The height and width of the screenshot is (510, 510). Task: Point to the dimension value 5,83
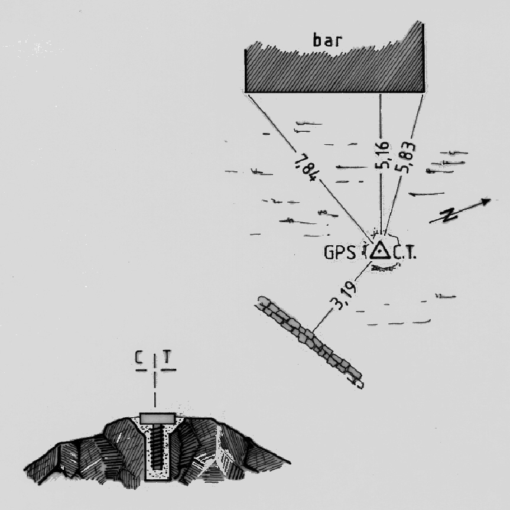coord(407,157)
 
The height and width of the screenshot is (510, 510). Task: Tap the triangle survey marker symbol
coord(380,250)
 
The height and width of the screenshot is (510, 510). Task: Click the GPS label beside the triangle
coord(340,252)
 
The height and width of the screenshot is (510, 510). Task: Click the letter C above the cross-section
coord(139,358)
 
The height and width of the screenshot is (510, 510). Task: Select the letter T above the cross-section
coord(167,358)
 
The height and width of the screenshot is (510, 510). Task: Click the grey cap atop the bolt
coord(157,417)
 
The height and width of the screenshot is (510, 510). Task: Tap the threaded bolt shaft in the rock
coord(157,449)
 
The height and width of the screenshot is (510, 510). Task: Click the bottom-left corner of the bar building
coord(246,92)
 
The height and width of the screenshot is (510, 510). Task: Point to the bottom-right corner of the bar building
coord(424,92)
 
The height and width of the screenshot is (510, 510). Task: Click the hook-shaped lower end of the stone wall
coord(358,382)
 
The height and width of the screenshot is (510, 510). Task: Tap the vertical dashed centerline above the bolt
coord(155,390)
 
